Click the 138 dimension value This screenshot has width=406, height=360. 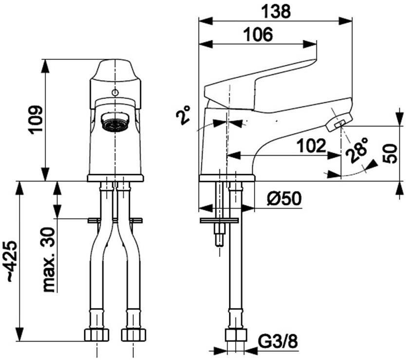click(276, 12)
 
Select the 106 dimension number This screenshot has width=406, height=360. click(258, 35)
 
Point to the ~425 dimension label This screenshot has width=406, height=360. click(12, 261)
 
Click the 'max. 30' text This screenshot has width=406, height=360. click(49, 260)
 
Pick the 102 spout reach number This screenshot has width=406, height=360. click(311, 146)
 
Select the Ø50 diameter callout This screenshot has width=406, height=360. click(284, 199)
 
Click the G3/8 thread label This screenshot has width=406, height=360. click(278, 342)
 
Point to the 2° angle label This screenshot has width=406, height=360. click(183, 115)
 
